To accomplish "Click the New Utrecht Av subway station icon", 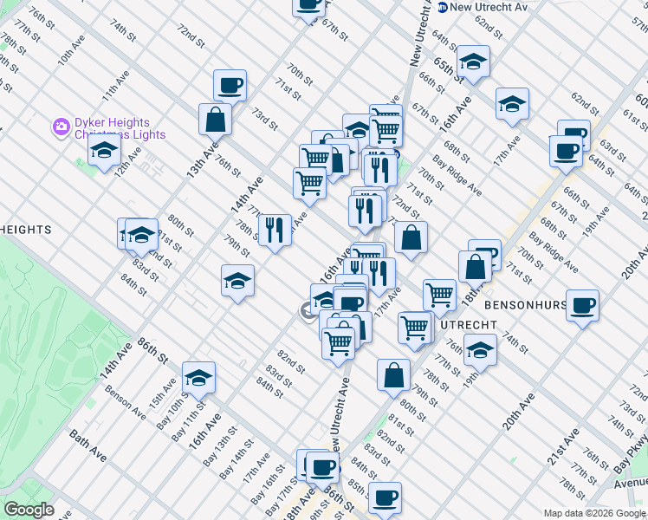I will click(443, 7).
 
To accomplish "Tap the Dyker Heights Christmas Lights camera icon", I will click(61, 127).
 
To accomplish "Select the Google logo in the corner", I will click(29, 510).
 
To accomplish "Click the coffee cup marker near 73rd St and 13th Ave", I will click(230, 85).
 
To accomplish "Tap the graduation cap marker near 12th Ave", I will click(104, 151).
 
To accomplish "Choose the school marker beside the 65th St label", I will click(473, 61).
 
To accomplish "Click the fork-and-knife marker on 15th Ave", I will click(275, 230).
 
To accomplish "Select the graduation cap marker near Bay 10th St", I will click(199, 377).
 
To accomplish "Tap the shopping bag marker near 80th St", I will click(393, 374).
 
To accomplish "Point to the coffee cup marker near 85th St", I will click(385, 497).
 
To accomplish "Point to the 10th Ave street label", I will click(72, 50).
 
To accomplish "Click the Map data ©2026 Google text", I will click(593, 513).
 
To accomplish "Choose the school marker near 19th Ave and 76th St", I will click(480, 349).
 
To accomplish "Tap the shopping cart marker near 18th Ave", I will click(440, 296).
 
